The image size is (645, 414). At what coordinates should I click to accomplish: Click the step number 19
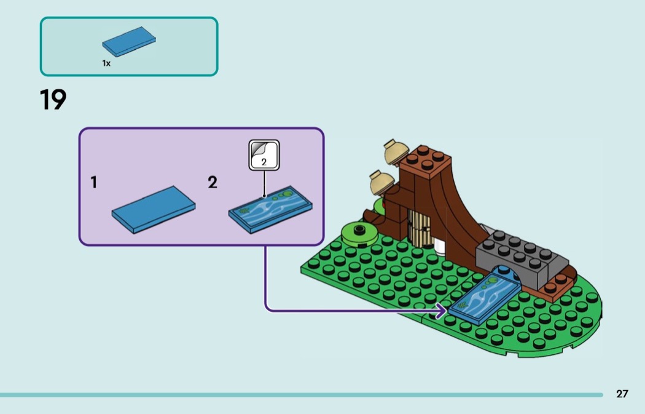(53, 100)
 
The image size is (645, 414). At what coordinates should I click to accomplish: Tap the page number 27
(622, 394)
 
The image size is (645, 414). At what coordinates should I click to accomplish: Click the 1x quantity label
(106, 63)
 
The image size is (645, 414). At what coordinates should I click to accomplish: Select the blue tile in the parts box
(129, 42)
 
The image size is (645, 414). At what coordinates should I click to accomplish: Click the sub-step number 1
(94, 182)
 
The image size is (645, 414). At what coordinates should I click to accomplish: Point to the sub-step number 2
(213, 182)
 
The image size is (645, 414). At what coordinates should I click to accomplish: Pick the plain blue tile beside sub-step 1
(154, 210)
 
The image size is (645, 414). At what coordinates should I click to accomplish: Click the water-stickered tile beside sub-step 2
(270, 210)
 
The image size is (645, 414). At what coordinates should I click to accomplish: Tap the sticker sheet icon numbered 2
(264, 155)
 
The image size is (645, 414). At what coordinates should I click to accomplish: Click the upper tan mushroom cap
(396, 152)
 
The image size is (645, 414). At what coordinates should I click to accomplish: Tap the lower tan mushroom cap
(382, 183)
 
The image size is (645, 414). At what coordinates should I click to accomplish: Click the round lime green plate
(359, 233)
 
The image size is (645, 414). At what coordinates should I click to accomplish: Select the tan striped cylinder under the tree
(419, 228)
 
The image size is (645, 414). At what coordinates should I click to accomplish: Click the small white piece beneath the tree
(440, 247)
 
